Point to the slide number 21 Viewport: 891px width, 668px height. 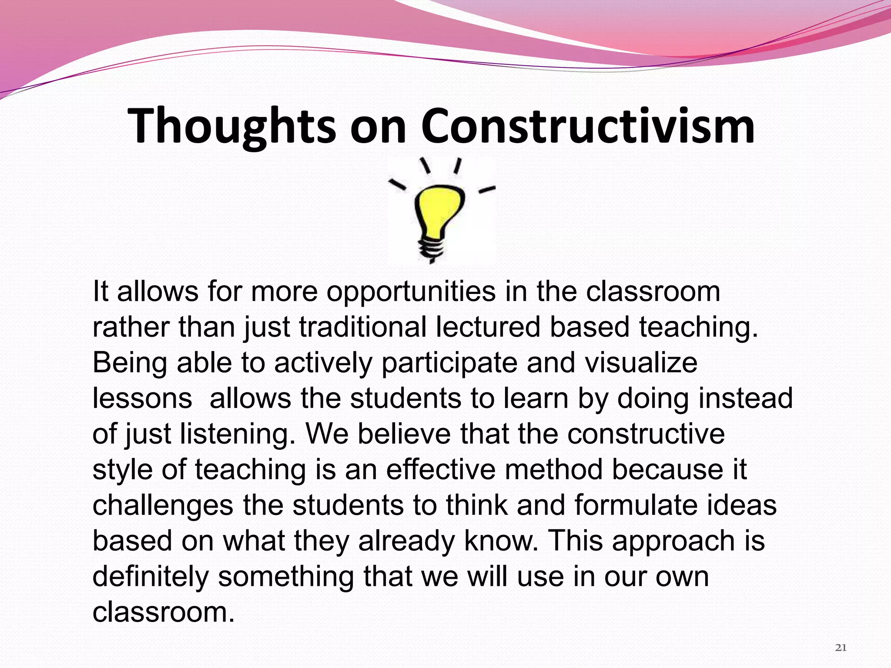coord(841,648)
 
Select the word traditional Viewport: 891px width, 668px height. coord(363,327)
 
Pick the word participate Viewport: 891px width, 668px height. coord(449,363)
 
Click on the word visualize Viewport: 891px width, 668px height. coord(641,363)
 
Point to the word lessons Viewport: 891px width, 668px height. coord(142,398)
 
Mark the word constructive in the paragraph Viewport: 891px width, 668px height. coord(646,434)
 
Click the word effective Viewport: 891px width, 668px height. coord(441,470)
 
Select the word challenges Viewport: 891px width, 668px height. coord(163,506)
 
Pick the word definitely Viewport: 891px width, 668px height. coord(151,577)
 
